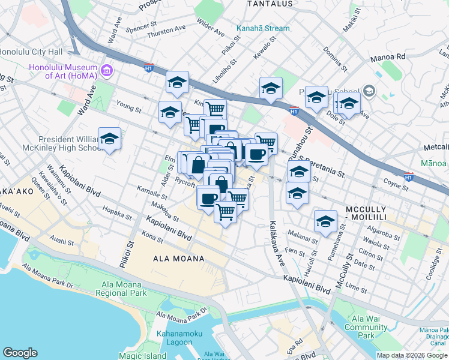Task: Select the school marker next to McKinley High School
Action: point(109,139)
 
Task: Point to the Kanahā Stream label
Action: point(263,28)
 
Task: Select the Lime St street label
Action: point(372,289)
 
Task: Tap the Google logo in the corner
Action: point(20,353)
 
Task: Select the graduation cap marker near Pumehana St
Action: point(325,221)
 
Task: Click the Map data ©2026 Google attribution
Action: point(412,355)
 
